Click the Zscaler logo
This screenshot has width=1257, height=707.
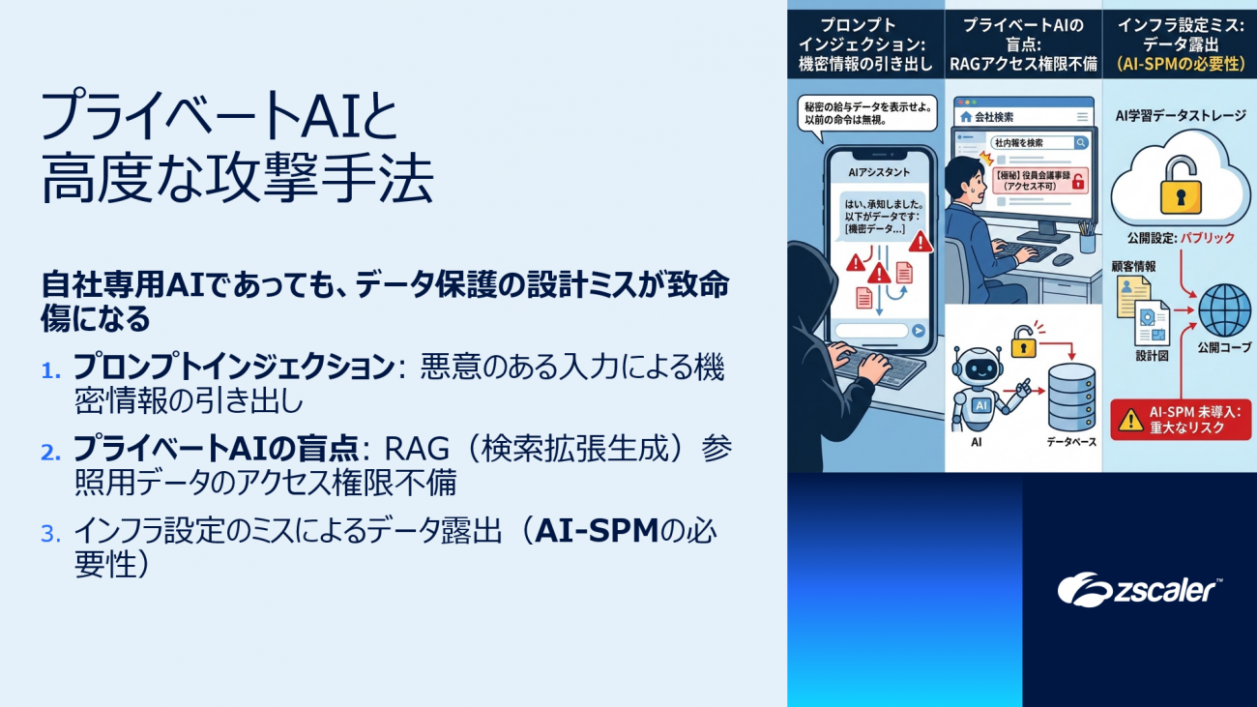click(1139, 590)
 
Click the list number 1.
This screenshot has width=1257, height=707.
click(50, 370)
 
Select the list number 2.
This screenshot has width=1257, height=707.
click(50, 453)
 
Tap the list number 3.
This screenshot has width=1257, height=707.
click(50, 534)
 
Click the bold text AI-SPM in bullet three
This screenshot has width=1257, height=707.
click(597, 531)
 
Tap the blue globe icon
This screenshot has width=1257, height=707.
click(1224, 310)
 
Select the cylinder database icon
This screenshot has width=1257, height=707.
click(1071, 398)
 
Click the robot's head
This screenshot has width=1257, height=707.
click(978, 368)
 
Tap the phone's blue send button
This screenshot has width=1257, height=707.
click(918, 331)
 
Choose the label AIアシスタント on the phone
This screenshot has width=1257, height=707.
click(879, 172)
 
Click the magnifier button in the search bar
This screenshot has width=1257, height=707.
click(1080, 142)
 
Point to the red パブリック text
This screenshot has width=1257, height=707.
click(1208, 238)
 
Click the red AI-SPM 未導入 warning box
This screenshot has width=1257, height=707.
click(1181, 420)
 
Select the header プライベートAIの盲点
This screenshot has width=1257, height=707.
click(1024, 35)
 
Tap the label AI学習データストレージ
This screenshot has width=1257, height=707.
click(1181, 116)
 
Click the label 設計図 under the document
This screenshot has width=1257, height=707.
click(1152, 356)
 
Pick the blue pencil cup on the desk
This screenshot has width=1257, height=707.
click(1087, 242)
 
